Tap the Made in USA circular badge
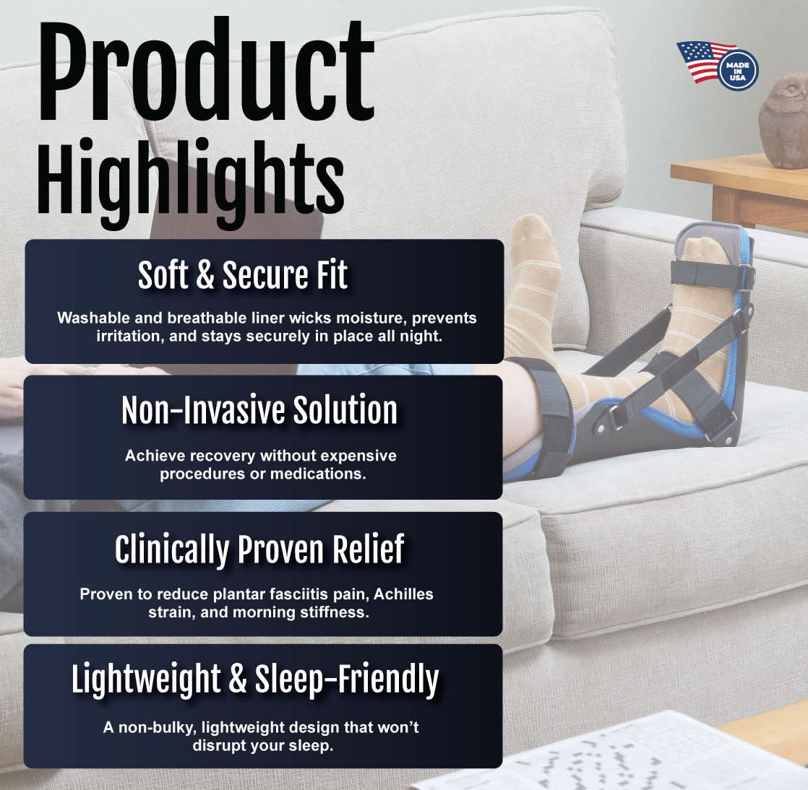(x=737, y=69)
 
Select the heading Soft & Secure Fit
(x=243, y=275)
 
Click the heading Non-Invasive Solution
(x=259, y=410)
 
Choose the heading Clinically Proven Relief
(x=259, y=549)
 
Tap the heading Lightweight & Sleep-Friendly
(x=255, y=679)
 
